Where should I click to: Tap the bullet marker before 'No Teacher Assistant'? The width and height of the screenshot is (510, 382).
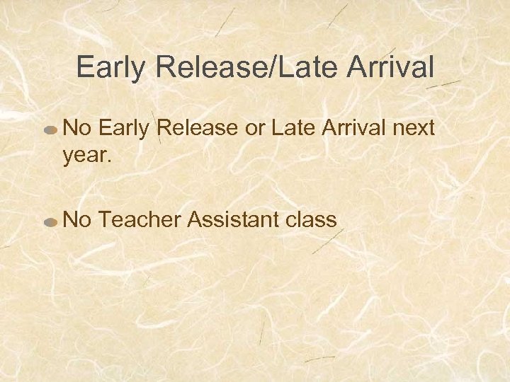50,221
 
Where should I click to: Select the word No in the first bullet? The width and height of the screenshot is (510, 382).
77,129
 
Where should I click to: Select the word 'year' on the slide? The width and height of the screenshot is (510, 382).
84,156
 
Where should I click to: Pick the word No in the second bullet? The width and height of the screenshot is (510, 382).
77,220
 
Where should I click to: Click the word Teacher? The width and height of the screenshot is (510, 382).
142,220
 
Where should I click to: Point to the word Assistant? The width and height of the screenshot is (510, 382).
230,220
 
